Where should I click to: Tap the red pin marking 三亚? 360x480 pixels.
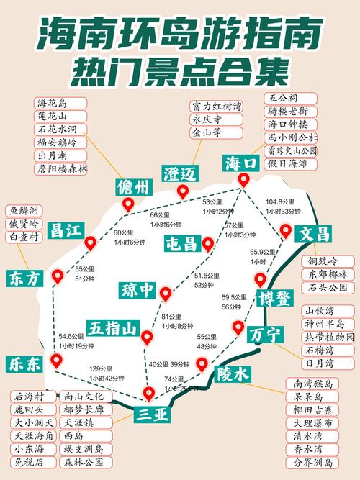tap(148, 394)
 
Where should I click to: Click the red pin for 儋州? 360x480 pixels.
tap(128, 204)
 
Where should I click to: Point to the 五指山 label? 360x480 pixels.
tap(113, 329)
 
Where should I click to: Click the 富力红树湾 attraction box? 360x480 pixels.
tap(216, 107)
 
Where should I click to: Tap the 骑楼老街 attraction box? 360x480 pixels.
tap(292, 112)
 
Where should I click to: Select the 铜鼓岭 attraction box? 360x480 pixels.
tap(328, 261)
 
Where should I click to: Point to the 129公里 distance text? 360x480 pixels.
tap(101, 369)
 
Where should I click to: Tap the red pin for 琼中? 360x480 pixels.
tap(166, 294)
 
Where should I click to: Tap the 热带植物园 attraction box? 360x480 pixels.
tap(330, 337)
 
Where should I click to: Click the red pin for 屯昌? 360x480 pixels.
tap(208, 245)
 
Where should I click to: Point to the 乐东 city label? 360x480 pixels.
tap(25, 364)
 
